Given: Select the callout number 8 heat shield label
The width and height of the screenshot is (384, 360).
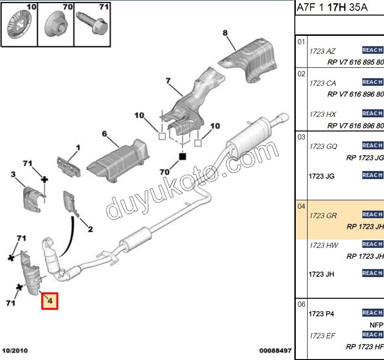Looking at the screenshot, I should click(x=225, y=33).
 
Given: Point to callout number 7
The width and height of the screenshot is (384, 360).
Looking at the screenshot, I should click(x=167, y=81).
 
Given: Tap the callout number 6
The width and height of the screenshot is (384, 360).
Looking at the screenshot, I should click(x=105, y=134).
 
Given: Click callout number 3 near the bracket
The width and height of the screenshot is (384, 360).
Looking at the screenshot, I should click(x=13, y=175).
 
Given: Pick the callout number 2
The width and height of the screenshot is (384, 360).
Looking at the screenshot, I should click(x=90, y=229).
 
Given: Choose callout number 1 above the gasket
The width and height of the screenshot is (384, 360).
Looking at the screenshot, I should click(x=78, y=148).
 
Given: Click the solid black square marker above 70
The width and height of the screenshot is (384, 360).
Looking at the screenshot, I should click(x=182, y=156).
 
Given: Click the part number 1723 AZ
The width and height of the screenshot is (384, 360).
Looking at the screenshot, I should click(x=322, y=51).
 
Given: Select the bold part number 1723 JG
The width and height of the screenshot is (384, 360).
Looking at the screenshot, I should click(x=322, y=176).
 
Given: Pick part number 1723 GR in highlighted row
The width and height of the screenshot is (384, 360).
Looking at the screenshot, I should click(x=323, y=215).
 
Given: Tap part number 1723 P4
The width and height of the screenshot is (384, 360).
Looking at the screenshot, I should click(x=321, y=313).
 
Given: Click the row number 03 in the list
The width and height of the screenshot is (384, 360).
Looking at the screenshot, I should click(x=301, y=137).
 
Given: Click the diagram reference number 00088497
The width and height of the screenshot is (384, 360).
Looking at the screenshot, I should click(x=275, y=351).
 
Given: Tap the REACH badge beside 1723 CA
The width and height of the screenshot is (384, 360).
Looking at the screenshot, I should click(x=372, y=82).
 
